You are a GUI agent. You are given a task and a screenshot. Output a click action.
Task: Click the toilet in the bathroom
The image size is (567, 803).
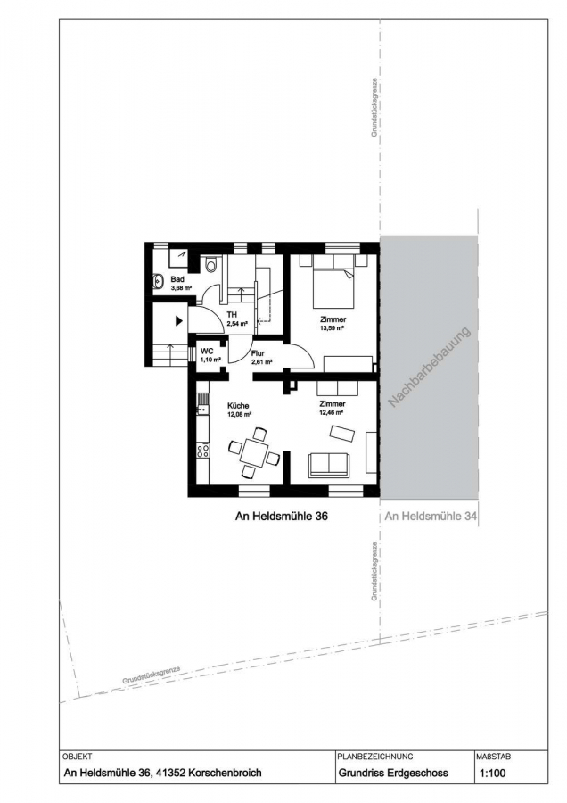(x=210, y=265)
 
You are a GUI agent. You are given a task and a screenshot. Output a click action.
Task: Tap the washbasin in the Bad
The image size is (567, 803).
(x=158, y=281)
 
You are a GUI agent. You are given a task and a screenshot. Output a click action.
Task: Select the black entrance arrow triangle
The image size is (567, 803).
(x=178, y=321)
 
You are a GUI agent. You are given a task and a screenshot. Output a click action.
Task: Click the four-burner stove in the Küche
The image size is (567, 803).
(x=203, y=451)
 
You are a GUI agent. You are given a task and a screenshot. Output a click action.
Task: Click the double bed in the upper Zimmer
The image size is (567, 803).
(x=333, y=286)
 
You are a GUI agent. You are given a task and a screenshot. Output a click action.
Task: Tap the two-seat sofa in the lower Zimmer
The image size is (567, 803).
(x=329, y=465)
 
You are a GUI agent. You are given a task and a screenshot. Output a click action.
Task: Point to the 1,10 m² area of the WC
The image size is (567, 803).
(x=210, y=360)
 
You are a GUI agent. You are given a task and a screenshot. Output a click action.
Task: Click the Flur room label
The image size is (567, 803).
(x=258, y=352)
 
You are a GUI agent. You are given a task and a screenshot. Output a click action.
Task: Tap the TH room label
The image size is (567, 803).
(x=232, y=315)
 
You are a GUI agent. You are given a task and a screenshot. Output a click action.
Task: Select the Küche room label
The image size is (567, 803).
(x=238, y=406)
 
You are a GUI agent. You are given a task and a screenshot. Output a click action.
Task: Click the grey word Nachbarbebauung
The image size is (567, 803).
(x=430, y=368)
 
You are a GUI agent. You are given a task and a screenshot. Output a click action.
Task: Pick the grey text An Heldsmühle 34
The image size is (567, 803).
(x=431, y=517)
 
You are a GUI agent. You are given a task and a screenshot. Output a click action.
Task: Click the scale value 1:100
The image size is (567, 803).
(x=493, y=774)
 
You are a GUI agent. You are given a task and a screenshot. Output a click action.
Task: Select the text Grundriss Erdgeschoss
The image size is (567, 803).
(x=393, y=774)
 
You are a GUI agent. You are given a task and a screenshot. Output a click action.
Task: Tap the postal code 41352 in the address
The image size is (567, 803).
(x=170, y=773)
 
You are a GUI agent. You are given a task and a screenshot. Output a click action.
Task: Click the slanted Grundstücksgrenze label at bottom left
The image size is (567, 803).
(x=152, y=676)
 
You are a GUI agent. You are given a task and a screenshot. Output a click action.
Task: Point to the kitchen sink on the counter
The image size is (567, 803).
(x=203, y=400)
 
